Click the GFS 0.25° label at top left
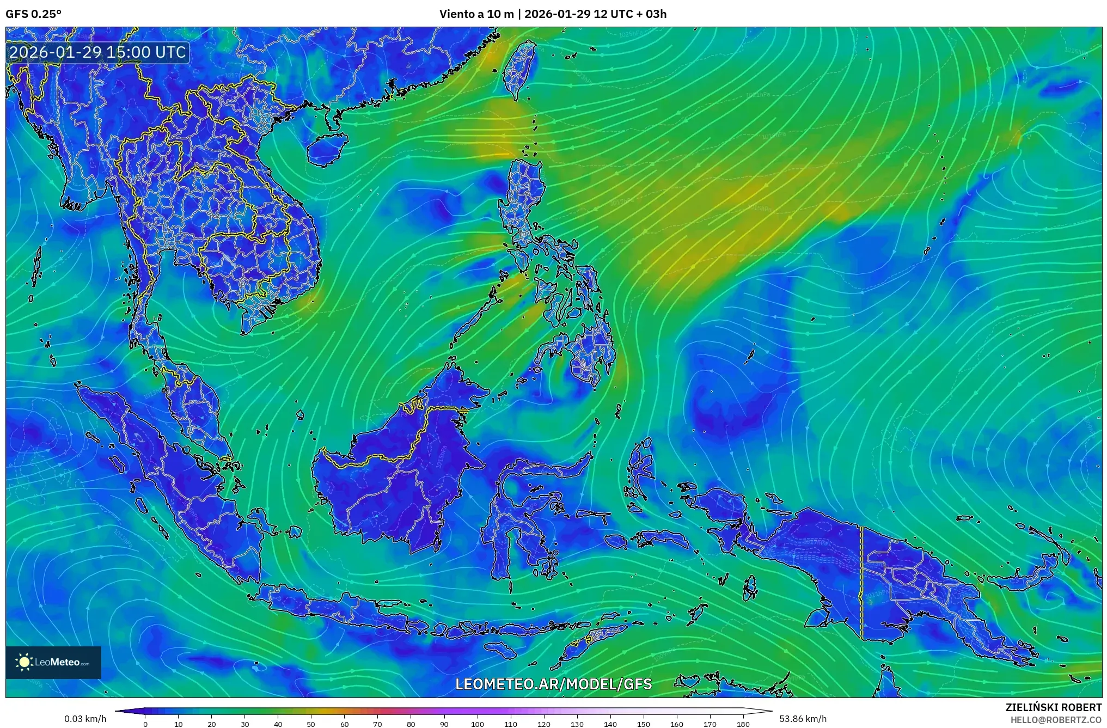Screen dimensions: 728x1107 click(x=33, y=14)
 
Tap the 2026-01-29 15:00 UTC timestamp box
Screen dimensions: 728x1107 click(x=98, y=52)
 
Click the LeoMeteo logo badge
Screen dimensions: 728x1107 click(x=53, y=662)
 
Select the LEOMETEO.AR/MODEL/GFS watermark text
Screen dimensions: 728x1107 click(x=553, y=684)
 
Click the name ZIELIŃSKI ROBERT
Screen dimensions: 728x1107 click(x=1053, y=707)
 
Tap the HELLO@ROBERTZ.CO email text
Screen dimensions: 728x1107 click(x=1056, y=719)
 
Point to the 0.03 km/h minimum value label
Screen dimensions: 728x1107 click(x=85, y=719)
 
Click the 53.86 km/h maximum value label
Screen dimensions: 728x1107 click(x=803, y=719)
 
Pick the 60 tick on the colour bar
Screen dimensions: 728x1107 click(x=344, y=724)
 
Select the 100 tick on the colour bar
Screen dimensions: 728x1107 click(x=477, y=724)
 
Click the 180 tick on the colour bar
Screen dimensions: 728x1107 click(x=743, y=724)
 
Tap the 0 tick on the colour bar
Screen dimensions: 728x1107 click(x=145, y=724)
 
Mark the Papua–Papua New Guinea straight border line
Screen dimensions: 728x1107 click(x=861, y=583)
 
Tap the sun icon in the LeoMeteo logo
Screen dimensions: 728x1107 click(x=25, y=662)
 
